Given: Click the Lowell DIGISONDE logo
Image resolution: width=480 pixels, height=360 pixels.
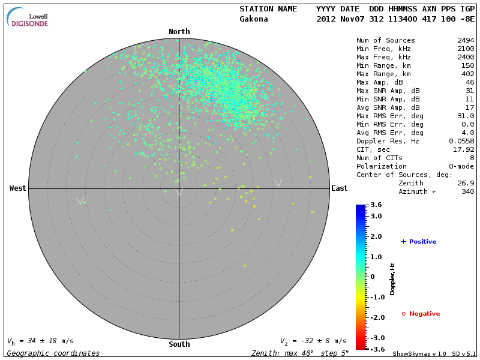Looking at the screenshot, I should click(x=29, y=17).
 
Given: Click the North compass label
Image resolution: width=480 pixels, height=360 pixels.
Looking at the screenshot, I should click(x=179, y=32).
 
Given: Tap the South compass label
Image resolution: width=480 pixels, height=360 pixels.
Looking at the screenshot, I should click(x=179, y=344).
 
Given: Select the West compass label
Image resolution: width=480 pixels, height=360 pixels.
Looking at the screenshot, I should click(x=17, y=188).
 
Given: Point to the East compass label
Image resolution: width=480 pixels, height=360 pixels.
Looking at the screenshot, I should click(x=339, y=188).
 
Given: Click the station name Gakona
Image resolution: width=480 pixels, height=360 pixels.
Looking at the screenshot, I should click(x=254, y=19).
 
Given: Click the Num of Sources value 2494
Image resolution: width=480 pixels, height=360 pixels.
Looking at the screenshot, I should click(x=466, y=40).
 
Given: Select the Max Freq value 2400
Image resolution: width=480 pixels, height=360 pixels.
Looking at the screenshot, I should click(x=466, y=57).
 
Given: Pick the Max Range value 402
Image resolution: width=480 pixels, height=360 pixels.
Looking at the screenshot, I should click(x=467, y=74).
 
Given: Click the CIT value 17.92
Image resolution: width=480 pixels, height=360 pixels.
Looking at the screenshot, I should click(x=463, y=149).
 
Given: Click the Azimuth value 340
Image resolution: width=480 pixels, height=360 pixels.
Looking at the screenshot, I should click(x=467, y=191).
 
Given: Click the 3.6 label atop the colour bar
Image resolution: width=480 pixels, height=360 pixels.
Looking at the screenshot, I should click(x=376, y=205).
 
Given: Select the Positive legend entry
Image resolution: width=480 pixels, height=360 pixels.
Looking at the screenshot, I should click(x=419, y=242).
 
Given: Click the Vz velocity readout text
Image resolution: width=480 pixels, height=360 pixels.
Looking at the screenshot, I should click(x=313, y=341).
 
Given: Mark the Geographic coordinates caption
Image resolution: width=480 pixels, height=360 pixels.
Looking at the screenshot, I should click(x=53, y=353).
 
